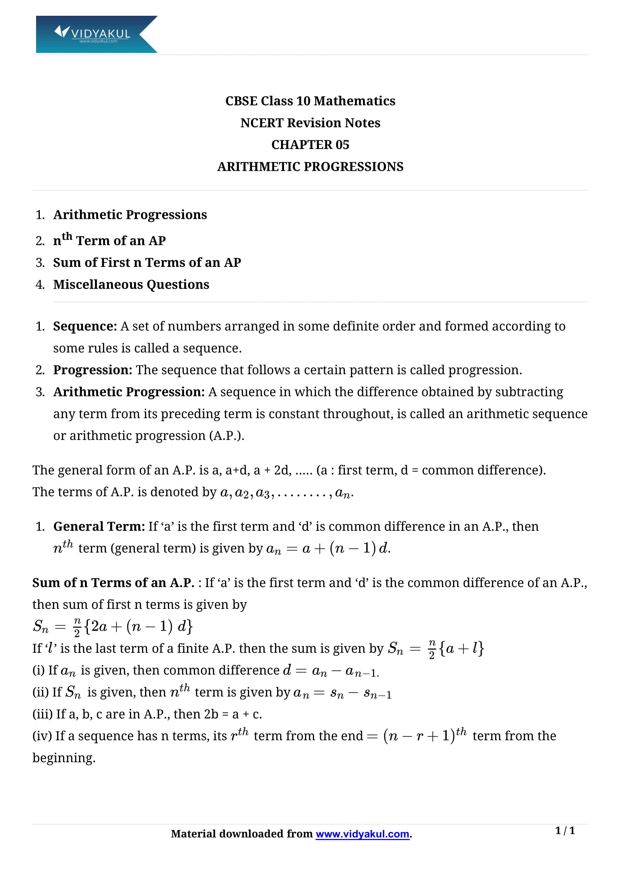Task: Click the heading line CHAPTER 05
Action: [x=310, y=145]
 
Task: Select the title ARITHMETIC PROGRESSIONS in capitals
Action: [x=310, y=167]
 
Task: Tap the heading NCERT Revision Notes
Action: [x=310, y=123]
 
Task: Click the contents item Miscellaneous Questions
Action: [x=131, y=285]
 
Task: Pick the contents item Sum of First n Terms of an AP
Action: [x=147, y=263]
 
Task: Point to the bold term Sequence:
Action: [x=85, y=326]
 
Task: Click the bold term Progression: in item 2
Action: [x=92, y=370]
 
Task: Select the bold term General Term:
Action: [x=99, y=527]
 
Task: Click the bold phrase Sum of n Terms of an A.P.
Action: [x=113, y=583]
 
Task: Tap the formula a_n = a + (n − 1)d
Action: [x=328, y=549]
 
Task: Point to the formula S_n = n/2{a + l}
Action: [x=436, y=649]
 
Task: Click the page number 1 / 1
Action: [x=565, y=831]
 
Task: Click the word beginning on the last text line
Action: [x=63, y=758]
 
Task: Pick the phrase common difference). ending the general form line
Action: [x=484, y=470]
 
